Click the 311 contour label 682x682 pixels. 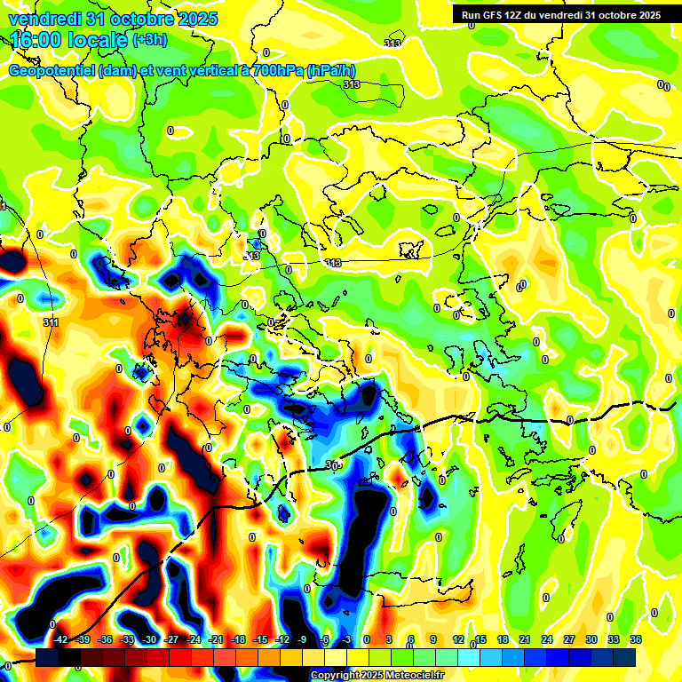point(52,322)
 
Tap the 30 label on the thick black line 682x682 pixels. point(332,464)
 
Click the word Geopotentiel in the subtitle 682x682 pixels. point(50,70)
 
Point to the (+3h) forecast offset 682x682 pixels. point(148,40)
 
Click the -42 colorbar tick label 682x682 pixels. point(60,639)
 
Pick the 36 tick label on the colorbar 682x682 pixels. point(635,639)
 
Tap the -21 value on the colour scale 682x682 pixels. point(216,639)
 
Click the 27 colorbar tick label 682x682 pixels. point(568,639)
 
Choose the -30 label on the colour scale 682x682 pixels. point(149,639)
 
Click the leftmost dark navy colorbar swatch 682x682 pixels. point(46,657)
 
